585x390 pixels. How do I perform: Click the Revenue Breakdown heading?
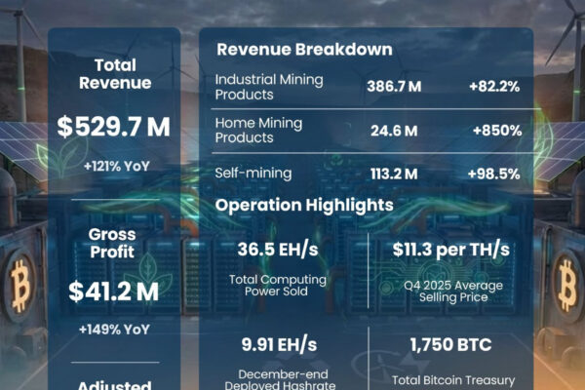pyautogui.click(x=304, y=50)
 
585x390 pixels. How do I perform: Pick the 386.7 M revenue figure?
pyautogui.click(x=394, y=86)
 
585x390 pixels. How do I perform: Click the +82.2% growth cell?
pyautogui.click(x=493, y=86)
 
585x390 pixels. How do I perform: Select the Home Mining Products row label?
pyautogui.click(x=259, y=130)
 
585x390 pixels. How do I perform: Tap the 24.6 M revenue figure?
pyautogui.click(x=394, y=130)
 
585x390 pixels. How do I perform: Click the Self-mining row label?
pyautogui.click(x=253, y=174)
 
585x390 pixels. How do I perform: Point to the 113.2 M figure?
pyautogui.click(x=394, y=174)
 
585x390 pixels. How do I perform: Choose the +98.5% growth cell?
pyautogui.click(x=493, y=174)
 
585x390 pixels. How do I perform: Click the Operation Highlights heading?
pyautogui.click(x=304, y=206)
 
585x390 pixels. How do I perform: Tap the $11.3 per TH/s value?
pyautogui.click(x=450, y=251)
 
